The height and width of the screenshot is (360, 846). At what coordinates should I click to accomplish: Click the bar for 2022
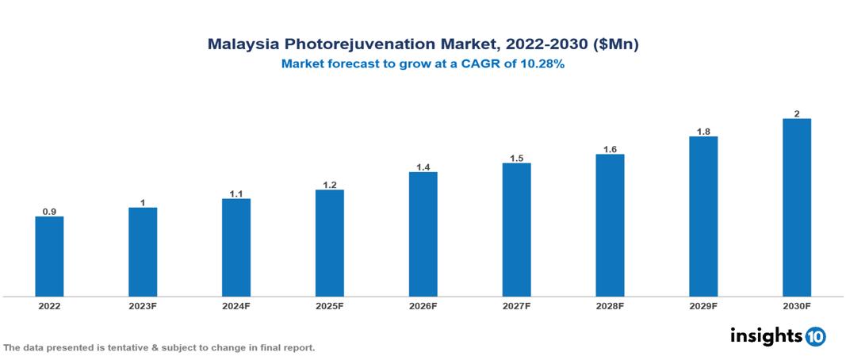click(x=49, y=256)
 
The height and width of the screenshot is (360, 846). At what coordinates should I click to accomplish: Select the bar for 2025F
click(x=329, y=243)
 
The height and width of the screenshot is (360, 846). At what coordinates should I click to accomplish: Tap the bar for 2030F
click(x=796, y=207)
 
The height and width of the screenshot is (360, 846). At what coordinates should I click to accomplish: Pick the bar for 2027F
click(x=516, y=229)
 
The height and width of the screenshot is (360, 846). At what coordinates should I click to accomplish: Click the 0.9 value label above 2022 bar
click(x=49, y=212)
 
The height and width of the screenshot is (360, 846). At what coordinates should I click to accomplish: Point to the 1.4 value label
click(x=423, y=167)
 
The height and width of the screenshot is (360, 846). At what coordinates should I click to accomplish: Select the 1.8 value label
click(x=702, y=132)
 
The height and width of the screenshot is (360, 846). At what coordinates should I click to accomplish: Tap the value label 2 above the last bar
click(x=796, y=113)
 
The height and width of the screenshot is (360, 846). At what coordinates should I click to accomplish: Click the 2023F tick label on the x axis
click(x=143, y=306)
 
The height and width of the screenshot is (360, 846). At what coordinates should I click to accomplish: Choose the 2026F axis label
click(x=423, y=306)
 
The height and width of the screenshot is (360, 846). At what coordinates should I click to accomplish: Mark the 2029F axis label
click(x=702, y=306)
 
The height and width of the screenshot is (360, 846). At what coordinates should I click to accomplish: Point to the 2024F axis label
click(x=236, y=306)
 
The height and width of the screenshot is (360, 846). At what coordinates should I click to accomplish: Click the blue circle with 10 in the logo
click(x=815, y=336)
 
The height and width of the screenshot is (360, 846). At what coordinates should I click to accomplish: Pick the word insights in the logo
click(x=765, y=335)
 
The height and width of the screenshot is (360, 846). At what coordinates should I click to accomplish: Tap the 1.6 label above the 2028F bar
click(x=610, y=149)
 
